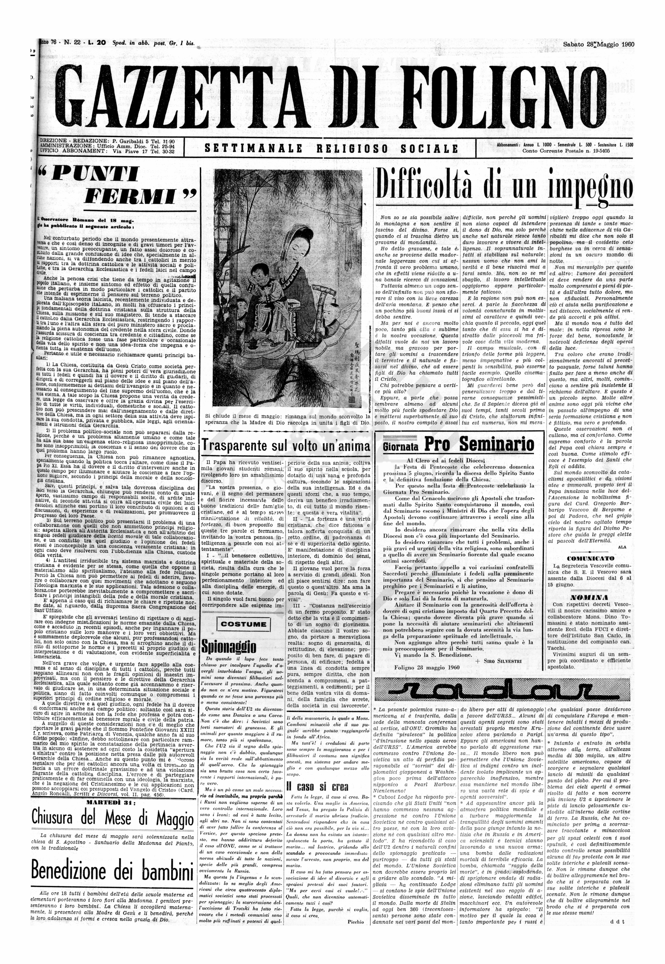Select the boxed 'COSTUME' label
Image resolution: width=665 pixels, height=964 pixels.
tap(244, 624)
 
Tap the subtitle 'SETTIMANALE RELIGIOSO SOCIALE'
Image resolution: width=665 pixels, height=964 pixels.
tap(331, 148)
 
